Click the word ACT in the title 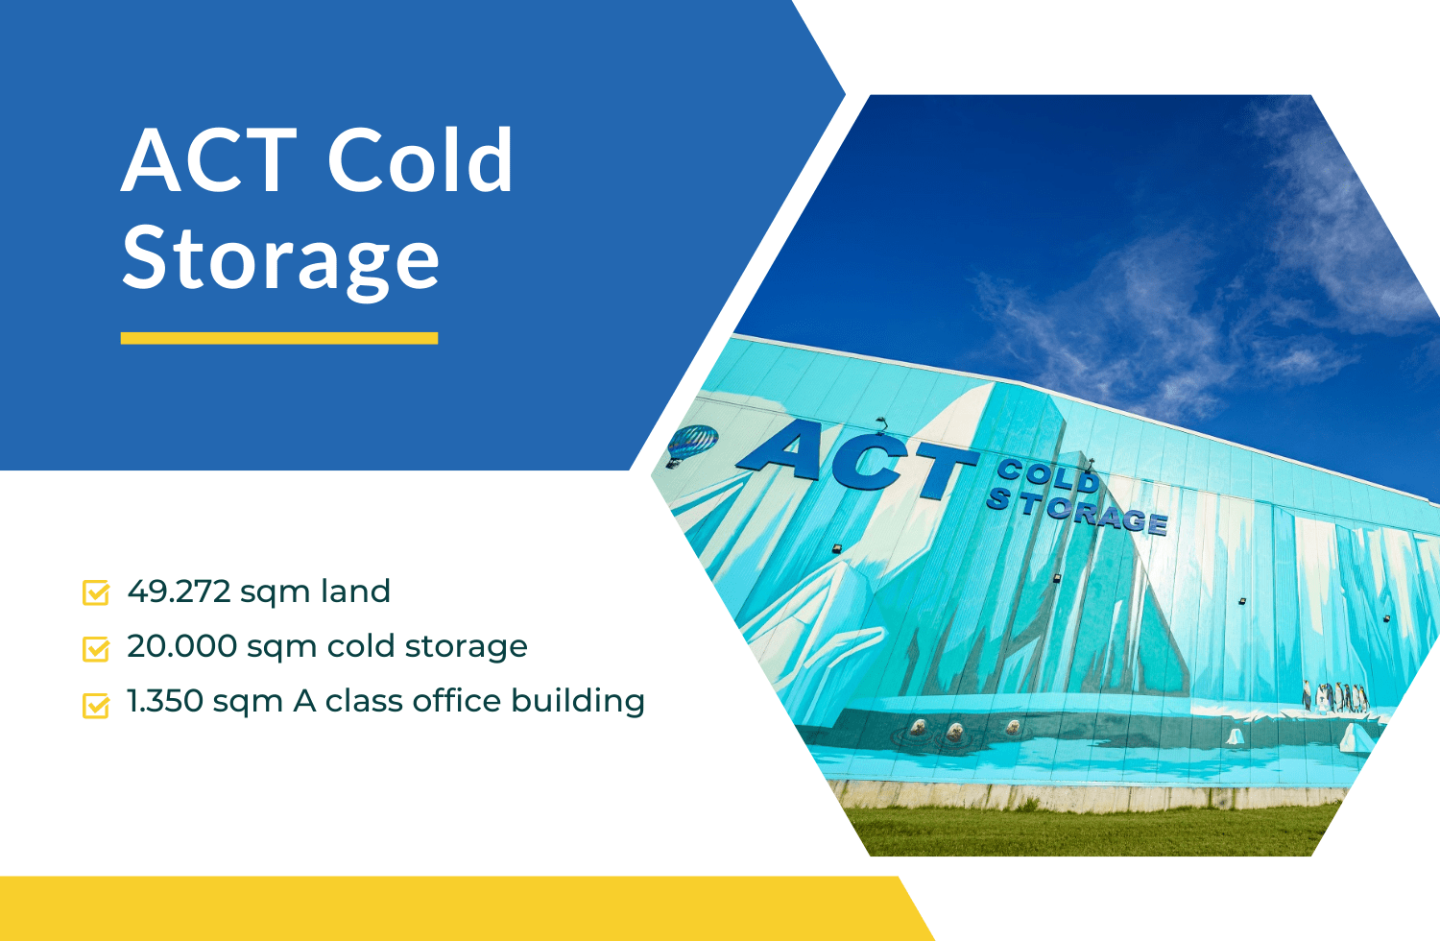coord(209,160)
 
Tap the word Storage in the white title coord(280,259)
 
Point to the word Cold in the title coord(420,160)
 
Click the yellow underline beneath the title coord(279,338)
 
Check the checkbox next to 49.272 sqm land coord(96,592)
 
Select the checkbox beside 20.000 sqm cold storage coord(96,648)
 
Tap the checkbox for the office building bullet coord(96,705)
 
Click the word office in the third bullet coord(456,701)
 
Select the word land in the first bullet coord(355,591)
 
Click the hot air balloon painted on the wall coord(691,444)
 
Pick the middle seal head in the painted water coord(955,733)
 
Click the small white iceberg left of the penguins coord(1235,736)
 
